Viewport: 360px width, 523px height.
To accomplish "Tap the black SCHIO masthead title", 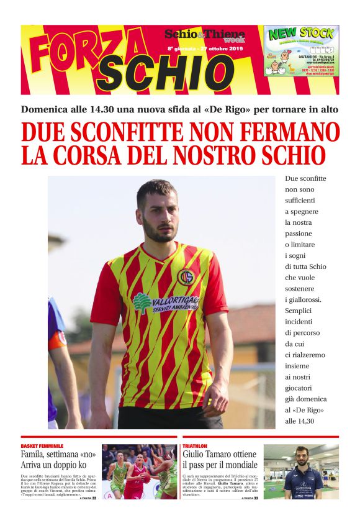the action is point(164,73).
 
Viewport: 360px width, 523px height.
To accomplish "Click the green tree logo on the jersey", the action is point(142,303).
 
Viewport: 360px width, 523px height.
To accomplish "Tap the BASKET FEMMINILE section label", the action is point(42,446).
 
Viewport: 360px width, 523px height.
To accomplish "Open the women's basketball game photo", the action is point(139,471).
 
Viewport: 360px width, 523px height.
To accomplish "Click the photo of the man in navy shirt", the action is point(301,471).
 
